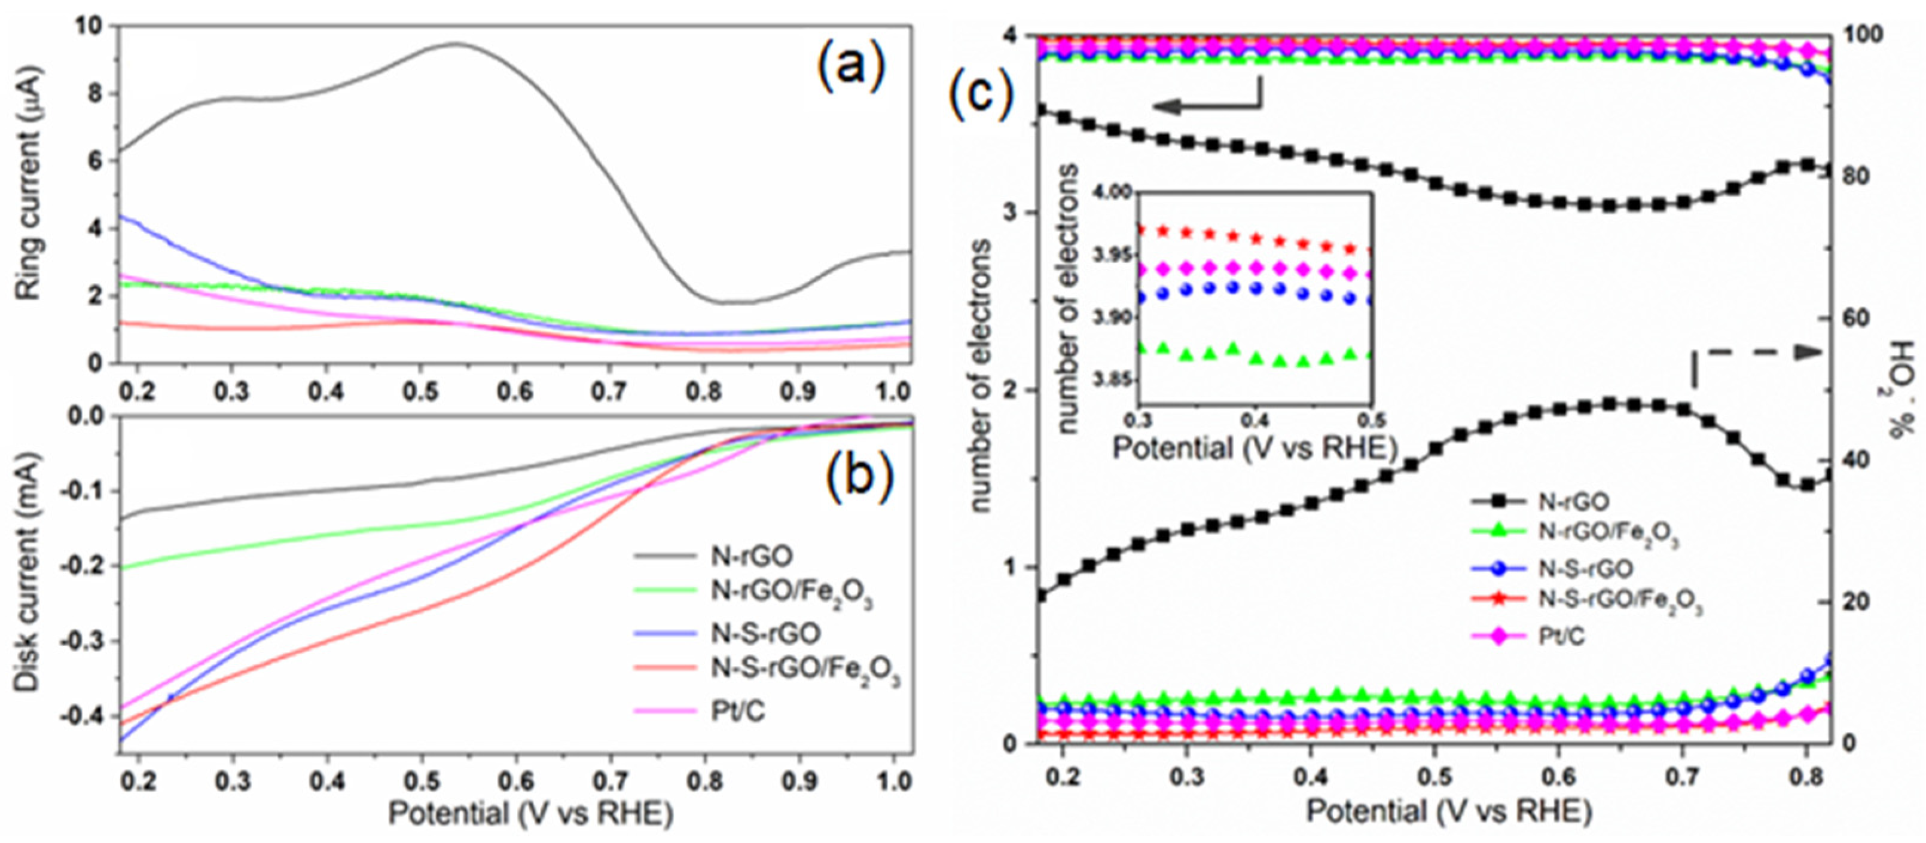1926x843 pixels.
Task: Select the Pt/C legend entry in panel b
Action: click(737, 711)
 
